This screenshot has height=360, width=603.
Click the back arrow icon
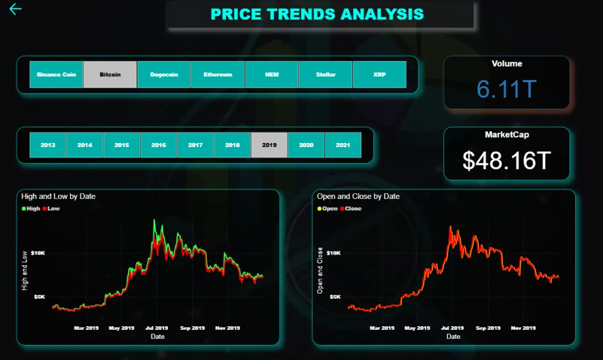(x=16, y=9)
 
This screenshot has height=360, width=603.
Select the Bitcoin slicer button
(x=110, y=75)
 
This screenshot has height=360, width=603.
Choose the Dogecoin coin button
(x=164, y=75)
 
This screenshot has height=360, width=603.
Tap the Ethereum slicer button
(x=218, y=75)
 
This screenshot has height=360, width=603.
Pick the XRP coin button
(x=379, y=75)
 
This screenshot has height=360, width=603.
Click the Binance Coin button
(x=56, y=75)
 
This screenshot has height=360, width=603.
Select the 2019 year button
(x=269, y=145)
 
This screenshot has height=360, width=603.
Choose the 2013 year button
(x=48, y=145)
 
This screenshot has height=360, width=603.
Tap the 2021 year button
(x=343, y=145)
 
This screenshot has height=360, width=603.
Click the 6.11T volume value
(x=507, y=89)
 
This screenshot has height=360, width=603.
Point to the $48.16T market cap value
(x=507, y=160)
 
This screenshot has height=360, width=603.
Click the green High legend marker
(x=24, y=209)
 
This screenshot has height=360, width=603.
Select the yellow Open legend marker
(x=319, y=209)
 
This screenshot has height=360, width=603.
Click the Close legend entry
(x=351, y=209)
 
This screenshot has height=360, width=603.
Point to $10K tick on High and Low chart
(x=38, y=253)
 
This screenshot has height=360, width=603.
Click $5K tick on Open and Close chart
(x=335, y=297)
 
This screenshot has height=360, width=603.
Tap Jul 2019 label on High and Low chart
(x=157, y=328)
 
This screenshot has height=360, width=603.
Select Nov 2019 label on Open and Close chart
(x=523, y=328)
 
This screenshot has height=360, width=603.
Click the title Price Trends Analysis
(x=317, y=14)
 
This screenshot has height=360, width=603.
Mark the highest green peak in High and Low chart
(x=154, y=220)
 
